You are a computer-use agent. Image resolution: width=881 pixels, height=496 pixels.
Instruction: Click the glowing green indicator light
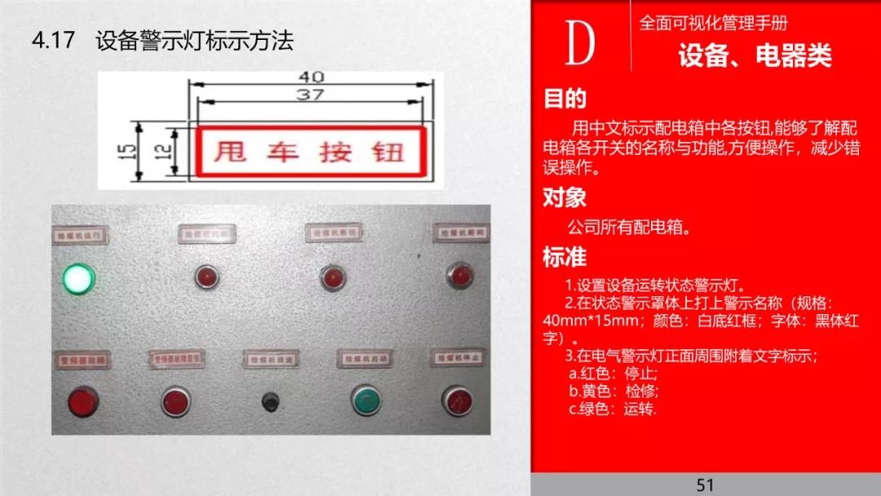pos(78,279)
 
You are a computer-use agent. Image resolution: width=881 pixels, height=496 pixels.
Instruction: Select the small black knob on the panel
pos(269,401)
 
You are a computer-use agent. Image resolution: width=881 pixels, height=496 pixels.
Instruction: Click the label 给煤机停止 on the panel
pos(460,357)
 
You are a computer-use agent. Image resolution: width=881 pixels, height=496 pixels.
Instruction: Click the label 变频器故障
pos(82,359)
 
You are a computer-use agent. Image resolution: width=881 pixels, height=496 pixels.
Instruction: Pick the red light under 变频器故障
pos(82,401)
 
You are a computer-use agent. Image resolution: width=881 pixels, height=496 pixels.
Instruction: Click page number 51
pos(706,485)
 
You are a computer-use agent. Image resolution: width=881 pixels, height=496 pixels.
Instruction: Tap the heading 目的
pos(564,100)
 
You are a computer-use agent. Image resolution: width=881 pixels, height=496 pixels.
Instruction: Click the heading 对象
pos(564,197)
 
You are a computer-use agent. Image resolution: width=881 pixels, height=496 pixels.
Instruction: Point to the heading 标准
pos(564,256)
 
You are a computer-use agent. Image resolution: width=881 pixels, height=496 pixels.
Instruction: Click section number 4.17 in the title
pos(53,41)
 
